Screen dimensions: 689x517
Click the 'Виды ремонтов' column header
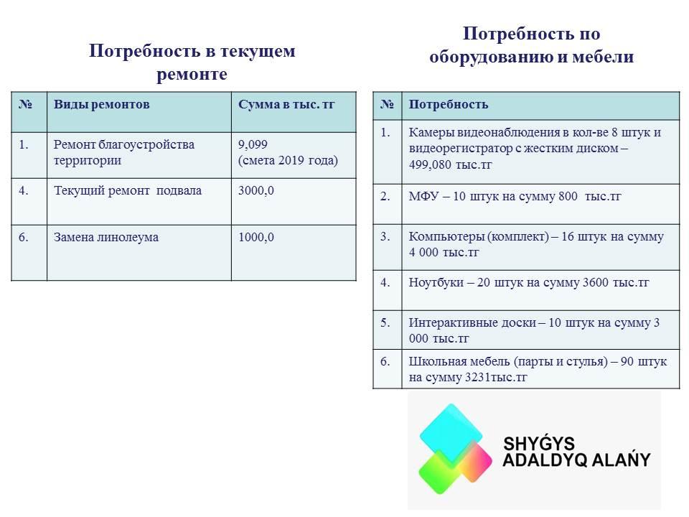101,105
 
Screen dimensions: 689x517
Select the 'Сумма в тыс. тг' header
286,105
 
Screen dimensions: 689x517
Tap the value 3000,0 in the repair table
256,191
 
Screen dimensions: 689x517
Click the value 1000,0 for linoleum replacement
256,238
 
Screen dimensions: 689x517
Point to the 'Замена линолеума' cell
106,238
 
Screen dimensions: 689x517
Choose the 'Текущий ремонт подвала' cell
128,191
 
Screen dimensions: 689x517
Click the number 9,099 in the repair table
253,144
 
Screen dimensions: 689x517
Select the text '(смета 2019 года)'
288,160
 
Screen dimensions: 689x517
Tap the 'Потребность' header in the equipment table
448,105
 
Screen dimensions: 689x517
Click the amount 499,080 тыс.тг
451,165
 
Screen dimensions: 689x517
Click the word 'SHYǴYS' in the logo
539,444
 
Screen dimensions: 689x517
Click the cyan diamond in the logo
451,433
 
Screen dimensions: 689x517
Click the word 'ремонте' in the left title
192,74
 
